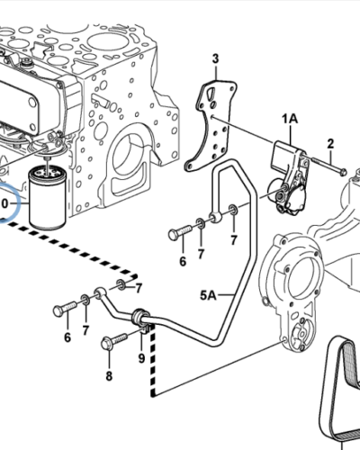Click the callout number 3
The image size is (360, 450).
tap(215, 59)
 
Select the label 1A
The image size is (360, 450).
tap(290, 119)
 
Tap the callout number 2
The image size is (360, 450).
tap(330, 144)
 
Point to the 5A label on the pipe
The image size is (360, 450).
tap(208, 295)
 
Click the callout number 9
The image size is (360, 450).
tap(141, 358)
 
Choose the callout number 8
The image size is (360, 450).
tap(109, 375)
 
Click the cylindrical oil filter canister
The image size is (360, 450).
tap(47, 199)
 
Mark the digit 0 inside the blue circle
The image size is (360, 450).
tap(4, 203)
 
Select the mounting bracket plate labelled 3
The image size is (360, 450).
tap(210, 126)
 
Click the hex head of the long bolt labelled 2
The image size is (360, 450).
tap(343, 172)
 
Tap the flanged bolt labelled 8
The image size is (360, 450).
tap(115, 341)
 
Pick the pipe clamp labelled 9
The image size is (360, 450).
tap(141, 321)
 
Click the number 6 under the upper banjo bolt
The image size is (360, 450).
tap(183, 261)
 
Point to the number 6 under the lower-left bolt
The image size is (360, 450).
tap(67, 337)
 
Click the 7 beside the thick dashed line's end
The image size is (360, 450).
tap(139, 288)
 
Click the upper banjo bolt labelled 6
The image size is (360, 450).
tap(180, 232)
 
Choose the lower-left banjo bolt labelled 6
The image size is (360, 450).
tap(65, 309)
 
